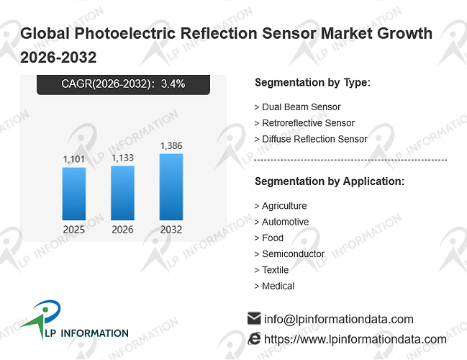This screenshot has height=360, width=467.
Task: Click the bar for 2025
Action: [x=74, y=194]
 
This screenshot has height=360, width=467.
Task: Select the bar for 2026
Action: [x=122, y=193]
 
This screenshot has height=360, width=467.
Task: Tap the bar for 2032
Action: [x=171, y=187]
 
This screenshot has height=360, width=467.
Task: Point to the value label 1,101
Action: [x=74, y=159]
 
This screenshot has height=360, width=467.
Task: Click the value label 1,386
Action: [x=171, y=145]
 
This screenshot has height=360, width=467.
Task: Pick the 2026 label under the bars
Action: [x=122, y=230]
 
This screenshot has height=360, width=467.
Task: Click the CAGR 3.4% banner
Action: [x=123, y=84]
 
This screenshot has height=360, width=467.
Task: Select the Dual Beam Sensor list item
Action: [x=297, y=107]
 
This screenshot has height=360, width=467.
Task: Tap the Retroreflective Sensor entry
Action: [x=304, y=123]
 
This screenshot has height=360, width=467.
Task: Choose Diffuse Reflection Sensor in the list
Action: [x=311, y=139]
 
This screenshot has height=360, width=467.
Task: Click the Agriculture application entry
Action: [x=281, y=206]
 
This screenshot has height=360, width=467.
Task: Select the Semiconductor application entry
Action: [x=289, y=254]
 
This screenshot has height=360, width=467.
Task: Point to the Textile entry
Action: [x=271, y=270]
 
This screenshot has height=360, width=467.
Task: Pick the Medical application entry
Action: [x=274, y=286]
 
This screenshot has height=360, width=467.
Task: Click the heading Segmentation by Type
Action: [x=313, y=83]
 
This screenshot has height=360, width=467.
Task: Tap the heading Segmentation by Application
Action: [x=330, y=181]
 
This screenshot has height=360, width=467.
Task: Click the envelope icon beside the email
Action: [x=254, y=318]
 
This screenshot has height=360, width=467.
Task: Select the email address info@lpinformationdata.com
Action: [x=339, y=319]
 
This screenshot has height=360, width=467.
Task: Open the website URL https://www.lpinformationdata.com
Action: [x=355, y=339]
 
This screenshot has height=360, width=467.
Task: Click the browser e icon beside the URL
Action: [x=254, y=339]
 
